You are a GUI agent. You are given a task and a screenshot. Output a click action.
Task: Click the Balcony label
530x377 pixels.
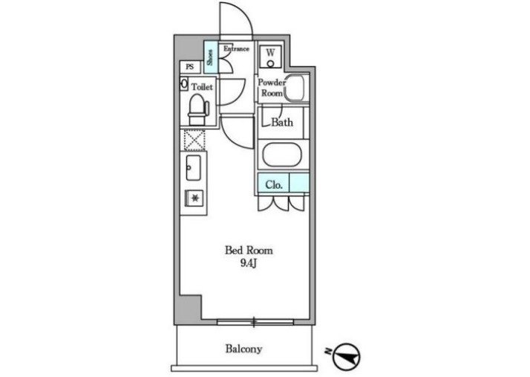pos(243,349)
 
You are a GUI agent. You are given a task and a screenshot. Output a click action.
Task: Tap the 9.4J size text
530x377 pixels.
pos(249,263)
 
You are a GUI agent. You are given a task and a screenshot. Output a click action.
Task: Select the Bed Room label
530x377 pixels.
pos(249,251)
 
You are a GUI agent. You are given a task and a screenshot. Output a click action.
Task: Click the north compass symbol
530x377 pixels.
pos(346,356)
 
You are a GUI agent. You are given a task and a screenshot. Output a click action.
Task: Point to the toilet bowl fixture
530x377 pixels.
pos(197,109)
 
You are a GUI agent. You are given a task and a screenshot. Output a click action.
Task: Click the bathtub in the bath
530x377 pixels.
pos(282,155)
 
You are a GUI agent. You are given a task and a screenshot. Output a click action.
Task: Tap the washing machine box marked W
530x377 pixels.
pos(270,57)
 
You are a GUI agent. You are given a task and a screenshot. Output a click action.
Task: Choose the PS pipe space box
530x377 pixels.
pos(190,67)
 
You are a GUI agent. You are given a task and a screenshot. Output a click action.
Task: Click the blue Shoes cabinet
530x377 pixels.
pos(211,57)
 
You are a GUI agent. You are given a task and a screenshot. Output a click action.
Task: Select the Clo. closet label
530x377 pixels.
pos(274,184)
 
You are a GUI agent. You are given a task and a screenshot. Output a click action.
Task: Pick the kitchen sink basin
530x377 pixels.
pos(193,167)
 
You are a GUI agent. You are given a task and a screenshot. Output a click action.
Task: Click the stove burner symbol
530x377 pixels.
pos(194,198)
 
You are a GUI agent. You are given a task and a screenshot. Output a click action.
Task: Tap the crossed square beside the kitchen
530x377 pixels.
pos(194,141)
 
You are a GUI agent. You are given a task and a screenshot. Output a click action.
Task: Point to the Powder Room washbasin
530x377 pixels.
pos(296,88)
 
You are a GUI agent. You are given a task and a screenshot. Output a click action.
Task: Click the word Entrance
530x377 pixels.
pos(236,49)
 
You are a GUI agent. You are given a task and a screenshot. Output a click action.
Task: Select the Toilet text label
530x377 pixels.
pos(202,87)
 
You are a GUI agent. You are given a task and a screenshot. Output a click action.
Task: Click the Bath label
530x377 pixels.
pos(282,122)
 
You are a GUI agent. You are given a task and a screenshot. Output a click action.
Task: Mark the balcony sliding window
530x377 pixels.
pos(255,322)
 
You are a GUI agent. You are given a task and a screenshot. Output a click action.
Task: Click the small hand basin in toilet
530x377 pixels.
pos(184,84)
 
